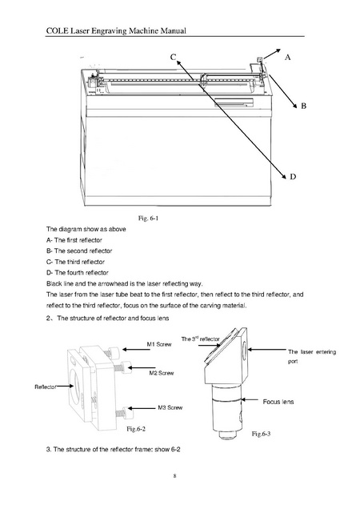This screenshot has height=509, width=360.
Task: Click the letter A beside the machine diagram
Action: [288, 58]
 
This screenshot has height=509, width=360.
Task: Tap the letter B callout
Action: [304, 106]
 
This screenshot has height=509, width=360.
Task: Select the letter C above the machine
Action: [174, 57]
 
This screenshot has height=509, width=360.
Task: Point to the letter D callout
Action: [293, 177]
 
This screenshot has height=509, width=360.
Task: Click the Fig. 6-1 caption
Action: [148, 218]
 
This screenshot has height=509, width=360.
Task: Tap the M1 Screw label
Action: [159, 344]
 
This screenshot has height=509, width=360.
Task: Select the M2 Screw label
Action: [162, 373]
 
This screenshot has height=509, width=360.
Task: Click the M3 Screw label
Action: [170, 407]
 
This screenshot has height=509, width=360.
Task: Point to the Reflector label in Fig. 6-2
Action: [46, 387]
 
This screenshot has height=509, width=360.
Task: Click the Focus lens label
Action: [278, 402]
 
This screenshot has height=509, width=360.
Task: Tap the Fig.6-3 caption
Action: [262, 434]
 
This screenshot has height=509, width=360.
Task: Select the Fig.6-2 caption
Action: [136, 429]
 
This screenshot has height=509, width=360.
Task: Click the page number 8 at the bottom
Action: [174, 476]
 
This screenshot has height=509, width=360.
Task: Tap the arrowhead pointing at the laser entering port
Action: [250, 350]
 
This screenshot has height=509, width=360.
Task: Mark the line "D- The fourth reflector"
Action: [78, 273]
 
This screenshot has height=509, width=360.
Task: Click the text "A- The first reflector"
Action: [74, 240]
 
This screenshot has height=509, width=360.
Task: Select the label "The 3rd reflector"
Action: [200, 339]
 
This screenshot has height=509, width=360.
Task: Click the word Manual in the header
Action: [174, 31]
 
